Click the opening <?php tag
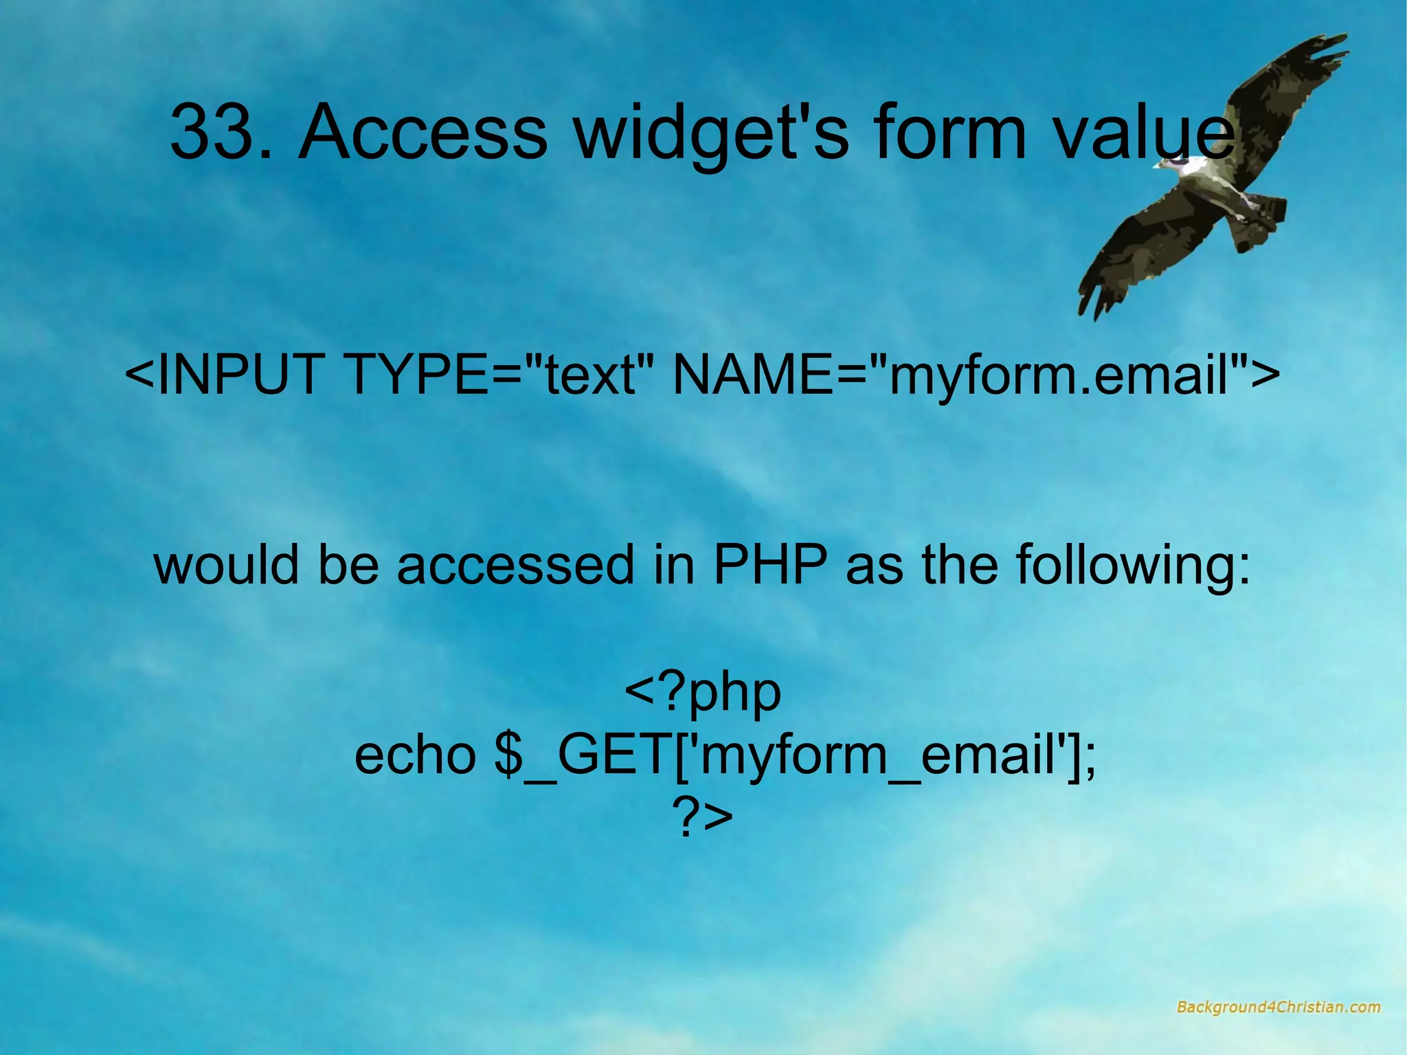click(703, 693)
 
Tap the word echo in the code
click(415, 755)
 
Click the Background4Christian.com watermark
click(1277, 1008)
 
